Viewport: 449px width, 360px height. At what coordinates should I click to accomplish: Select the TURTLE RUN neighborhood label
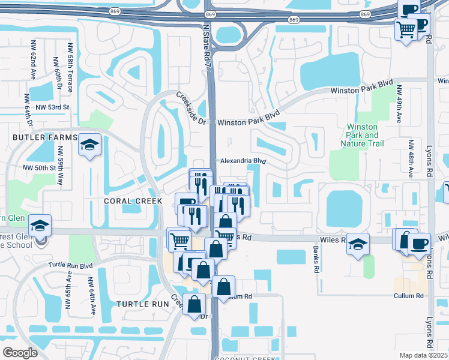pos(143,304)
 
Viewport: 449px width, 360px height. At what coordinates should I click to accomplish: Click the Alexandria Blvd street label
pos(243,161)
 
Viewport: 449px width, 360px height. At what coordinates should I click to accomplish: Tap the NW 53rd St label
pos(53,107)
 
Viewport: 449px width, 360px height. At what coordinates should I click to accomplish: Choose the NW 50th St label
pos(39,168)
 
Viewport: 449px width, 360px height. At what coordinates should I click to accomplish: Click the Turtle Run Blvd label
pos(71,265)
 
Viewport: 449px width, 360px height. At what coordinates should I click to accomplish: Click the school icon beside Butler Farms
pos(89,145)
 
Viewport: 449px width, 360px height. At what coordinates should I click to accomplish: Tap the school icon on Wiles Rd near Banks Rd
pos(358,244)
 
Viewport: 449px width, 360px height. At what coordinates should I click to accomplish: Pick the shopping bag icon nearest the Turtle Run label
pos(194,304)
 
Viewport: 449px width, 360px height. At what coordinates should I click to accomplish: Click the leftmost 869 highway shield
pos(115,12)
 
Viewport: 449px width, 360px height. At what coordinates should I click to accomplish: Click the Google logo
pos(20,352)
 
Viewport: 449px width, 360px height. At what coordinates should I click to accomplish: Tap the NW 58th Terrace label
pos(70,68)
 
